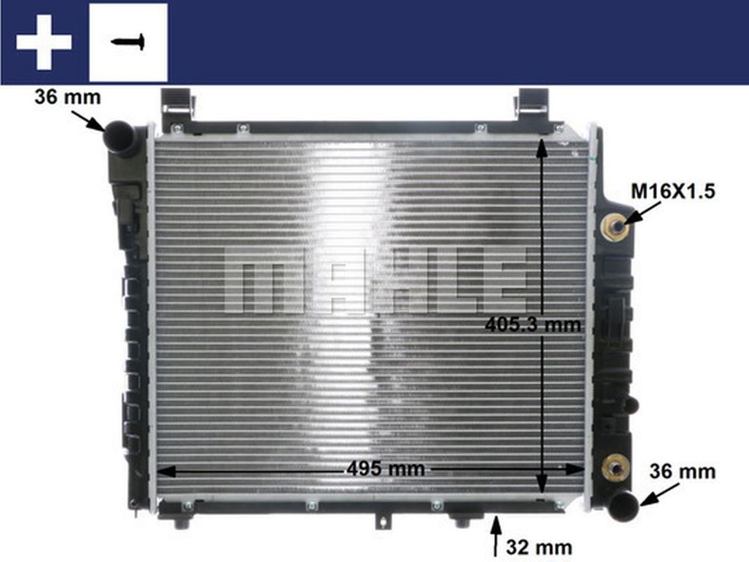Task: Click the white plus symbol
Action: [44, 42]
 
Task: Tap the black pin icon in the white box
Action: [128, 42]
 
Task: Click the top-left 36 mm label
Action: [67, 97]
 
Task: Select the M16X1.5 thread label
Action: [673, 191]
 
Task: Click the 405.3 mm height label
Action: [533, 324]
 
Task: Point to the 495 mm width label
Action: [386, 468]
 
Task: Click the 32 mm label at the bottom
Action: [539, 547]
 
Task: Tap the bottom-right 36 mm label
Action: [682, 471]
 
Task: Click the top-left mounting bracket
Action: [178, 105]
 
